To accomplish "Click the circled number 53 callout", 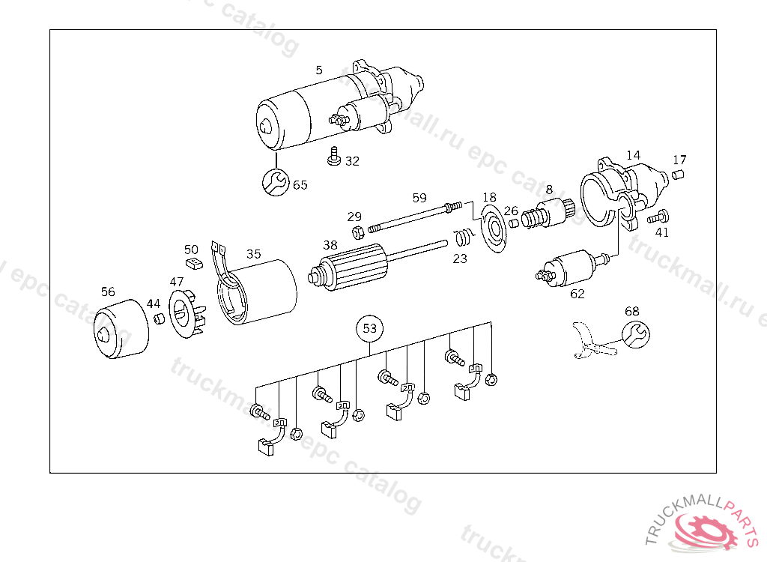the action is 370,328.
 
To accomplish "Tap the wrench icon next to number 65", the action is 276,182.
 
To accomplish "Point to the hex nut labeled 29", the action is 357,230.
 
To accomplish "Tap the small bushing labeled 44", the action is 159,320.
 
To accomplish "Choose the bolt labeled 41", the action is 656,218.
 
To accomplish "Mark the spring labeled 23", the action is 464,238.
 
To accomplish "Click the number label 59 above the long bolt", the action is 419,198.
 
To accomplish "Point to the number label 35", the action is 254,254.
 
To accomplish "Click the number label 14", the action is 634,155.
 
